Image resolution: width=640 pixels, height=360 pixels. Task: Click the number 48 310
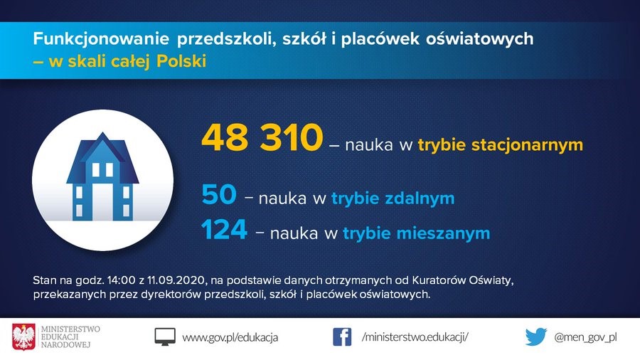(x=262, y=137)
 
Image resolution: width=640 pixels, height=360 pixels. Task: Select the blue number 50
(x=219, y=194)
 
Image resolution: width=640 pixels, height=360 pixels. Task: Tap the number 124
(x=224, y=229)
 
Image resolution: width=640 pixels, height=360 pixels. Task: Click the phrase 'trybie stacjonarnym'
(x=501, y=145)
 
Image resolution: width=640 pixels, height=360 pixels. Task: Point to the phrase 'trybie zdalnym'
(x=393, y=198)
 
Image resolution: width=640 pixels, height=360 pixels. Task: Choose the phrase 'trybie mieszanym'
(x=416, y=233)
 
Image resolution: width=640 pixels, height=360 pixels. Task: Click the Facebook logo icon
(x=342, y=337)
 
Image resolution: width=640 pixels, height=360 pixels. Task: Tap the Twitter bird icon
(x=536, y=337)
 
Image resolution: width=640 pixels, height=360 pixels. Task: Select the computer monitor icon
(x=165, y=337)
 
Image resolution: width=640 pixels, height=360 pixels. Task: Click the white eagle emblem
(x=23, y=337)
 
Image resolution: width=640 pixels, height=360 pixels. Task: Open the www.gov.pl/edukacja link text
(x=230, y=337)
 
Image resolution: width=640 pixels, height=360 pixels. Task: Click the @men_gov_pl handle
(x=585, y=337)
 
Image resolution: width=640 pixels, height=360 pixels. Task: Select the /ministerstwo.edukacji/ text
(x=415, y=337)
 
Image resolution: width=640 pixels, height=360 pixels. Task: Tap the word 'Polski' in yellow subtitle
(x=181, y=61)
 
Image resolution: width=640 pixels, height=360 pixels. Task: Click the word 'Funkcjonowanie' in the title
(x=101, y=39)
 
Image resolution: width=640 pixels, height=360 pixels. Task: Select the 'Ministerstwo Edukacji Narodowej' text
(x=70, y=337)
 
